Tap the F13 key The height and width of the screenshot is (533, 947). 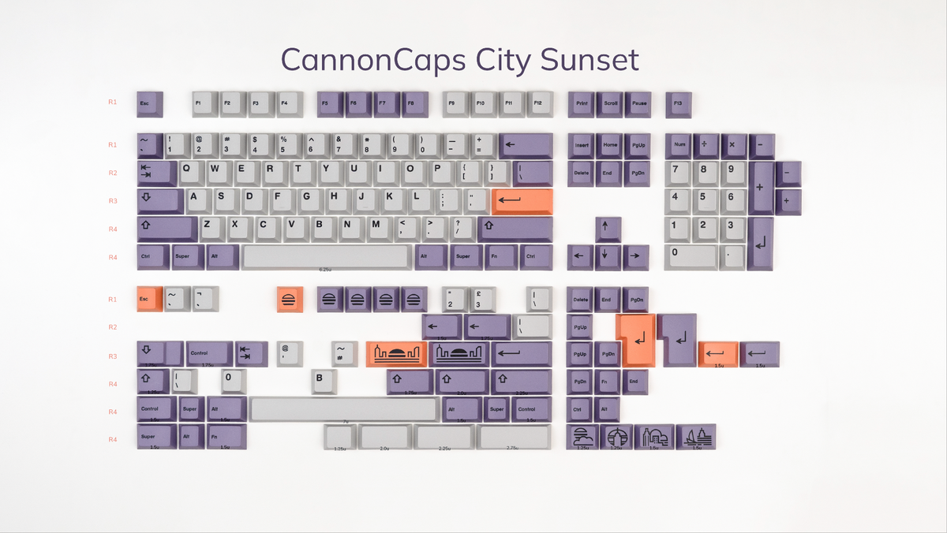click(678, 103)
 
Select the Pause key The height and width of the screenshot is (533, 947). click(638, 103)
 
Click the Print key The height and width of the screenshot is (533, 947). click(582, 103)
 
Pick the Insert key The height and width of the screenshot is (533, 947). click(582, 145)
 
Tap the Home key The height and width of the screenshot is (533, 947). click(610, 145)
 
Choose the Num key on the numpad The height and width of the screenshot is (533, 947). click(679, 145)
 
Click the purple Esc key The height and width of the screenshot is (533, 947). click(148, 103)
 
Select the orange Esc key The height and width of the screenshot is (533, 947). click(148, 299)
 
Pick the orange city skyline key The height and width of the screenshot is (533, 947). click(396, 354)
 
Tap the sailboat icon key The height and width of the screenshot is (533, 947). click(696, 437)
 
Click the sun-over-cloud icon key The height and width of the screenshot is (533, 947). click(582, 437)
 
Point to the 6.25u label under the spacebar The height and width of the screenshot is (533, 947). click(325, 270)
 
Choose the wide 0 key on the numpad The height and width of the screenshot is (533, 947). click(691, 255)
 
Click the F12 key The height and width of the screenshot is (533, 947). click(537, 103)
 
